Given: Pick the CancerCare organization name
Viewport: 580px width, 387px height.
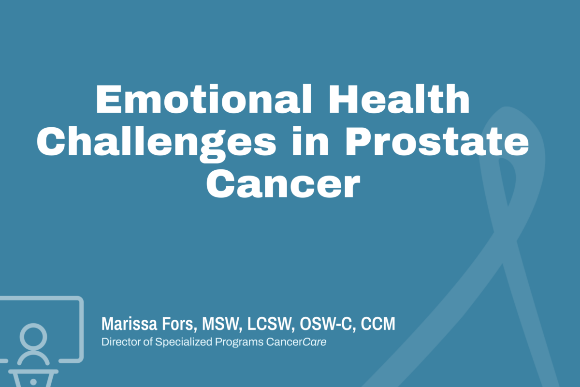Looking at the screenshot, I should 296,342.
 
